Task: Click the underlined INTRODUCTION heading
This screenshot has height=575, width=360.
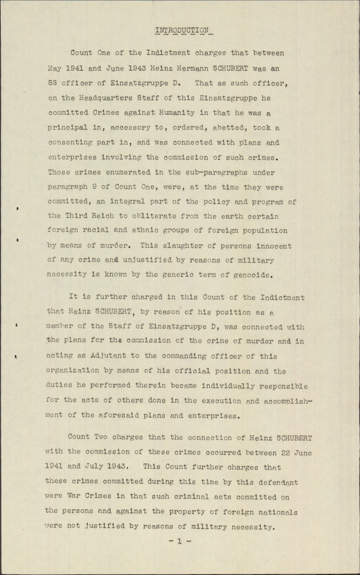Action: pos(184,31)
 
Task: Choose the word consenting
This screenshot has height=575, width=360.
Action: pos(70,143)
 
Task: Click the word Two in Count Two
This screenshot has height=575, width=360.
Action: pos(102,437)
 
